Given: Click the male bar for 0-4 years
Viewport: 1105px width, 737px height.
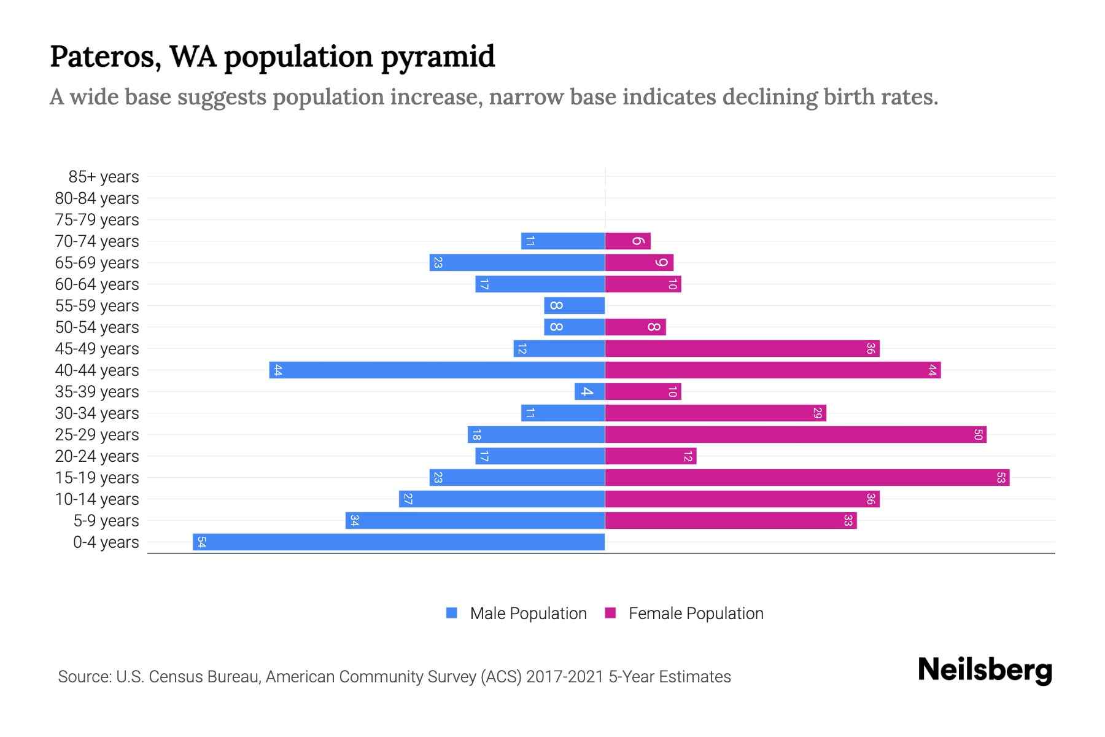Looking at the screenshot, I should coord(399,542).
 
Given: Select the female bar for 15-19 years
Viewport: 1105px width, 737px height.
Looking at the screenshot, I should coord(807,478).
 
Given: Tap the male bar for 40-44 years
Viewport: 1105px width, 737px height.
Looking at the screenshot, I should coord(437,370).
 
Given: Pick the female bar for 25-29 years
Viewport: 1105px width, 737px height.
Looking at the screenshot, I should coord(796,435).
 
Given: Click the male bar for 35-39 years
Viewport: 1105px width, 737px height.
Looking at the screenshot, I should coord(590,392).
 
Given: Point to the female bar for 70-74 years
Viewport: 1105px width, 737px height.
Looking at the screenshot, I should coord(627,241).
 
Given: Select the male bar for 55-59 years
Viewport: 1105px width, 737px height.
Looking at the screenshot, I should coord(575,306).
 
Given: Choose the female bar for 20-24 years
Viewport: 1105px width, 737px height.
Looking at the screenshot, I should coord(651,456).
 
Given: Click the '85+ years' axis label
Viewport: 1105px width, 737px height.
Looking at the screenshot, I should coord(104,177).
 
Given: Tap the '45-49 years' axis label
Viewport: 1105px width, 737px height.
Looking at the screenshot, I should coord(97,349).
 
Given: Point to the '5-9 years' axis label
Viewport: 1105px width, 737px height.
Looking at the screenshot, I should coord(106,521).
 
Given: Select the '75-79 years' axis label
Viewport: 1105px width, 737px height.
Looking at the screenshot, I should coord(97,220).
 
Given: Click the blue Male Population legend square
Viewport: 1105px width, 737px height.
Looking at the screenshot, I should coord(452,613).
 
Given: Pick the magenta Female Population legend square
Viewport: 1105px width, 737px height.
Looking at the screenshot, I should coord(610,613).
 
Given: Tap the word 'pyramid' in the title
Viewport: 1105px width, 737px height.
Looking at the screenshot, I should coord(438,57).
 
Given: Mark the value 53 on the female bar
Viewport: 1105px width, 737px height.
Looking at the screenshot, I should coord(1001,478).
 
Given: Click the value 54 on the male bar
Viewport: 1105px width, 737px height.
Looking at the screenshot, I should coord(202,542).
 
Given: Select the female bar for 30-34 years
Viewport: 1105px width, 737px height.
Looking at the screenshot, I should coord(716,413).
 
